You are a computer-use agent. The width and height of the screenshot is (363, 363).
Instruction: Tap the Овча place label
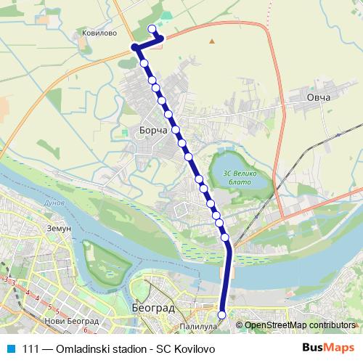(x=318, y=97)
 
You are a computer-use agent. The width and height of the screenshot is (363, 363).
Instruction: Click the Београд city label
(x=154, y=308)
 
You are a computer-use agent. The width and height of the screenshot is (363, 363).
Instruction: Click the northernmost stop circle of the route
(x=152, y=29)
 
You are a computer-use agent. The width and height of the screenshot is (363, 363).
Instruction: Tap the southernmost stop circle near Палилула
(x=221, y=314)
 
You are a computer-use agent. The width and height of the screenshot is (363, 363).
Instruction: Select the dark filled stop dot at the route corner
(x=135, y=47)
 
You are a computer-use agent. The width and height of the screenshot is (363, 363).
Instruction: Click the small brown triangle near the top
(x=212, y=41)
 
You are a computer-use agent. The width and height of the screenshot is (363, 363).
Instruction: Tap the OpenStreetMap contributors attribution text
(x=300, y=325)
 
